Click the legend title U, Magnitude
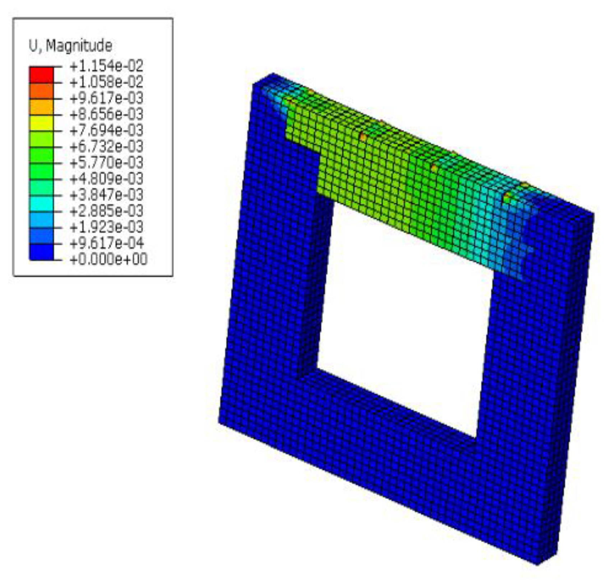tap(70, 46)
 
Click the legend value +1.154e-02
tap(107, 66)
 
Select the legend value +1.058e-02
tap(107, 82)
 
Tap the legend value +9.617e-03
tap(107, 98)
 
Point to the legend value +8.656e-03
tap(107, 114)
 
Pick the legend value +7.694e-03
tap(107, 130)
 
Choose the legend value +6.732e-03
tap(107, 147)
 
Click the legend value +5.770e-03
tap(107, 163)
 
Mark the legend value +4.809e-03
tap(107, 178)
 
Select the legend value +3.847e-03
tap(107, 195)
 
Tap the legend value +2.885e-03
tap(107, 211)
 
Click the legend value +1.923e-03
tap(107, 227)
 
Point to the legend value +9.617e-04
tap(107, 243)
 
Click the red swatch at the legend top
tap(41, 75)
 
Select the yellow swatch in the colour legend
tap(41, 123)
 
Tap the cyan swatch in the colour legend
tap(41, 204)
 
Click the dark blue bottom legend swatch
tap(41, 252)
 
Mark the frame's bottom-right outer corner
tap(538, 564)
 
